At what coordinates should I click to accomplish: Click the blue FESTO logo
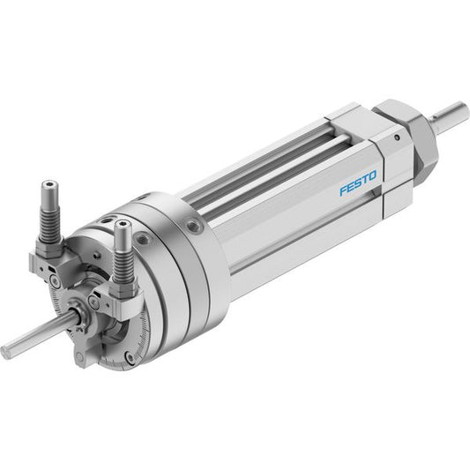(358, 183)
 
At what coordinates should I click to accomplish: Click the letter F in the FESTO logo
(344, 190)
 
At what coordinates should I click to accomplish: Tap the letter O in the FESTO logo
(372, 176)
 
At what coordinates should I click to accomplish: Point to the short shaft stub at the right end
(450, 116)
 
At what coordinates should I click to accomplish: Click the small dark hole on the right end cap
(397, 138)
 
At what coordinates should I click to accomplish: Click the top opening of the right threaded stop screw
(123, 224)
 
